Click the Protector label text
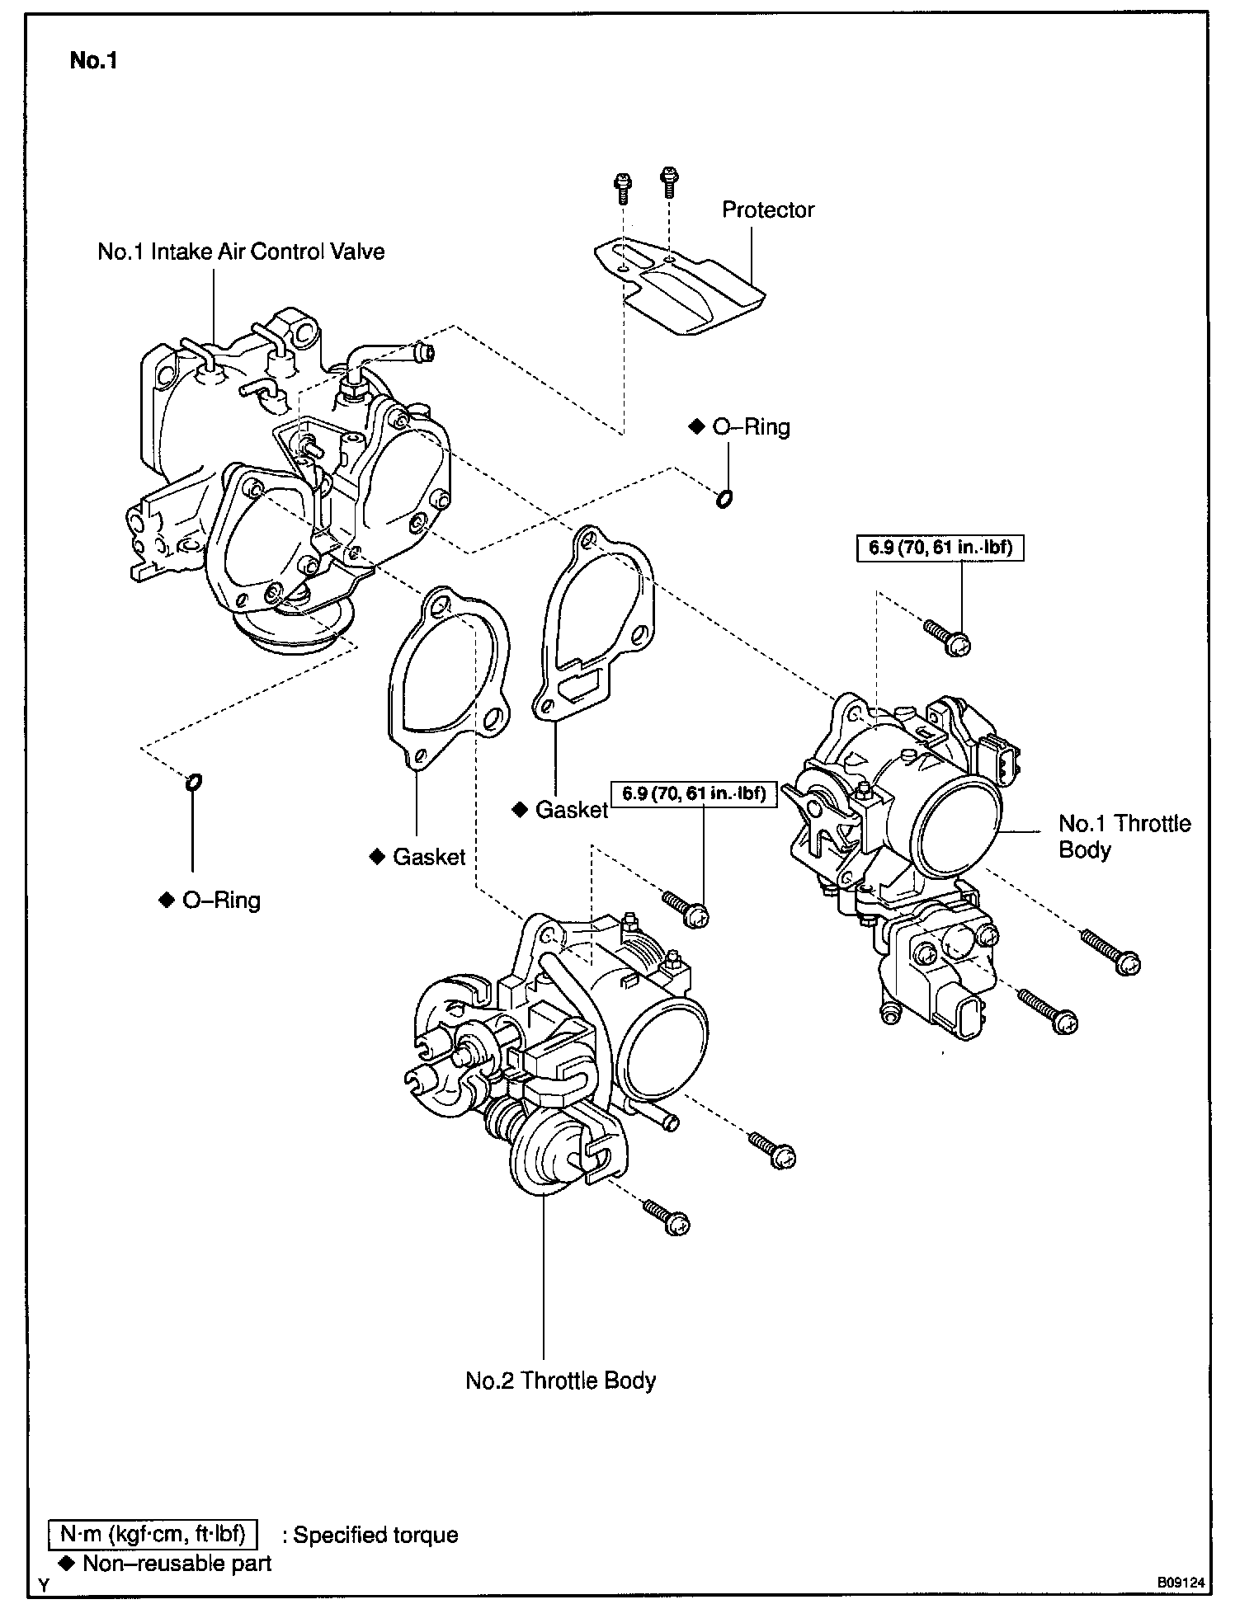tap(767, 209)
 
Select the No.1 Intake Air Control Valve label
tap(241, 252)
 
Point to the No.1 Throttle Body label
tap(1124, 836)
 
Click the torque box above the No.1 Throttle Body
tap(940, 548)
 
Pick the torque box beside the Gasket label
tap(694, 794)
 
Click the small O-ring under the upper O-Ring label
tap(724, 498)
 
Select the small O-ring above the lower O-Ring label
tap(194, 781)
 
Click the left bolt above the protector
tap(622, 188)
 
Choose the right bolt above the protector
tap(667, 181)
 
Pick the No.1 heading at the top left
tap(93, 60)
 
